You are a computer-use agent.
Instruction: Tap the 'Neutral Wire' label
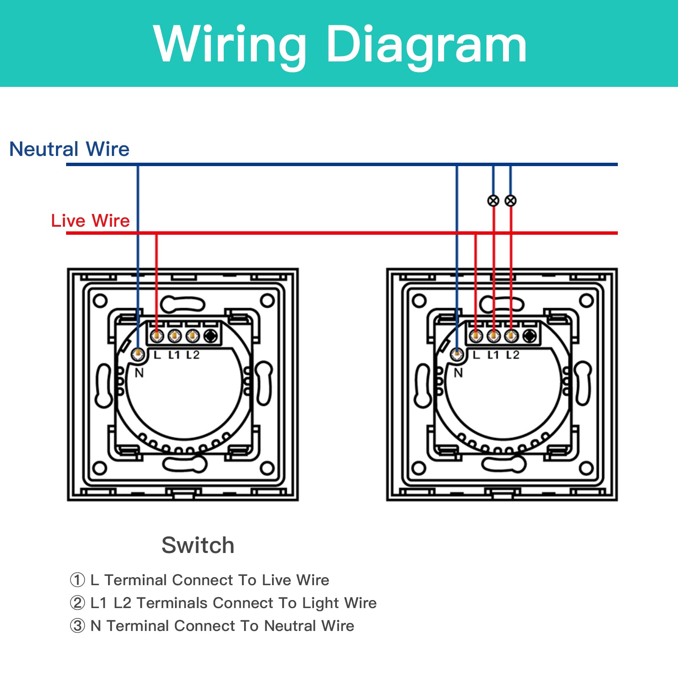point(69,149)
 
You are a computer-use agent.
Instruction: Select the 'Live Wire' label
point(90,221)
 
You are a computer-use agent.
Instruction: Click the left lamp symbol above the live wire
point(493,201)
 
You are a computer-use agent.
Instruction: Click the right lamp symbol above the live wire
point(511,201)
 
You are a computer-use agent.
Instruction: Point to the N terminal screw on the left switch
point(138,354)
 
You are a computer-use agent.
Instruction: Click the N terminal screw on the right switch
point(457,354)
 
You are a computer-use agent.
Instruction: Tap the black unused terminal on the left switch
point(211,336)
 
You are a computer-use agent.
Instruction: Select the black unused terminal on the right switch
point(529,336)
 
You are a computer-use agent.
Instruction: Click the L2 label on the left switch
point(193,355)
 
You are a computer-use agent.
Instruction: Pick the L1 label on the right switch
point(493,355)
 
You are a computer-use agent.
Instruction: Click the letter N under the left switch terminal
point(139,373)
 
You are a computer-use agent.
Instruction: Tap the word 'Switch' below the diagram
point(198,545)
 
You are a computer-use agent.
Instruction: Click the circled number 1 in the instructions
point(77,580)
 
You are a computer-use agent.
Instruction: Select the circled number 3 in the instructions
point(77,626)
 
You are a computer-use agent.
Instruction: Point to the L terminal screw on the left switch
point(157,336)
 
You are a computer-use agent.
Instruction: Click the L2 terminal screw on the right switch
point(511,336)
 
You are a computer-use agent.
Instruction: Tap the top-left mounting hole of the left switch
point(100,301)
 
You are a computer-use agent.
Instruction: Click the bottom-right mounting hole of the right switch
point(586,468)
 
